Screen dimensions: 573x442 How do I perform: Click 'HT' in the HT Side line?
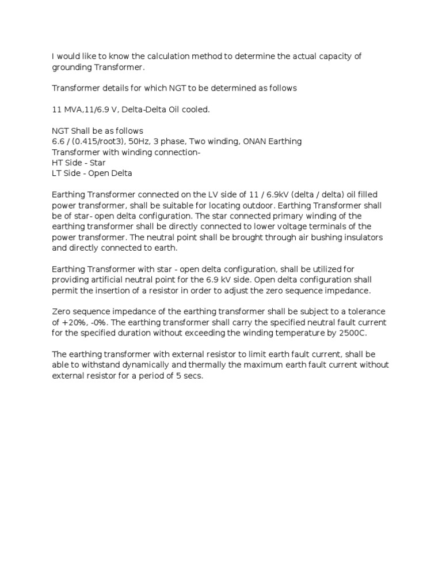click(58, 163)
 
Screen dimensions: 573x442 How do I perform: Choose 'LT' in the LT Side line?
click(57, 174)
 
